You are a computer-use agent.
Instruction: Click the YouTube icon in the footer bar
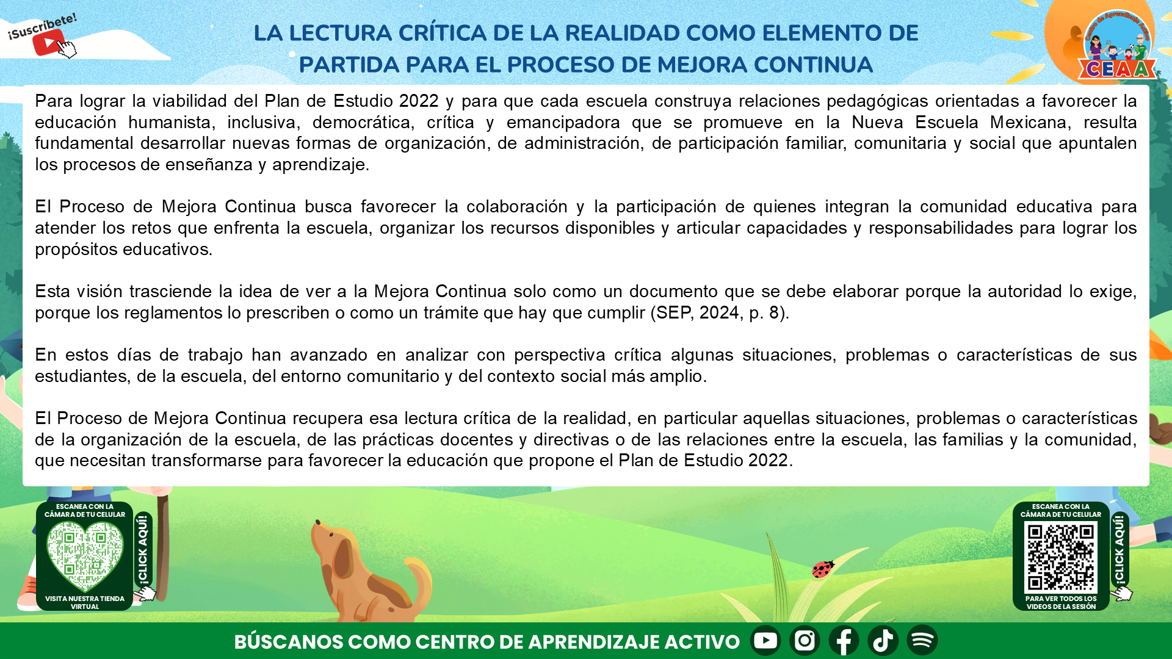click(x=765, y=640)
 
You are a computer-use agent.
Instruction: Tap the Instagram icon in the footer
click(x=805, y=640)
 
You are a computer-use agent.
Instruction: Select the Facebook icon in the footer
click(x=844, y=640)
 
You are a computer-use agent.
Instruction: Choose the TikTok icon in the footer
click(x=883, y=640)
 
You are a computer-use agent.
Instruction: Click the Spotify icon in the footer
click(x=922, y=640)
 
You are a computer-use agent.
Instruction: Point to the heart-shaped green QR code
click(x=85, y=556)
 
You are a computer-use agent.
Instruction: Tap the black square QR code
click(x=1061, y=557)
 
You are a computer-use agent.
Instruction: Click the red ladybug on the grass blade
click(x=823, y=569)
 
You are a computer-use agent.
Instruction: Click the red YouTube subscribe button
click(x=48, y=43)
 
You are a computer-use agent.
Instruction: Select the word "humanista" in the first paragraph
click(x=170, y=122)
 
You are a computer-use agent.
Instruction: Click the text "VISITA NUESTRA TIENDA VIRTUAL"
click(x=85, y=603)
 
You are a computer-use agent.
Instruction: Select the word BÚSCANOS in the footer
click(x=289, y=642)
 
